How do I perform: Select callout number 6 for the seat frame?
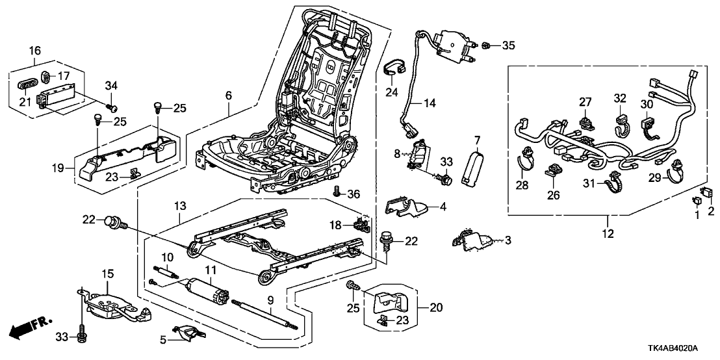(x=228, y=96)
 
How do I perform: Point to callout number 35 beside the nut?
(x=508, y=45)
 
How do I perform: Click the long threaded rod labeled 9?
(x=264, y=311)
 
